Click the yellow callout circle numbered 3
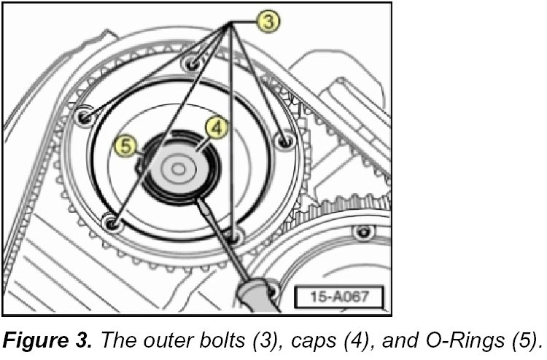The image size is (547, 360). tap(270, 21)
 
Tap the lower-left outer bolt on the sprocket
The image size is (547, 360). tap(112, 223)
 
